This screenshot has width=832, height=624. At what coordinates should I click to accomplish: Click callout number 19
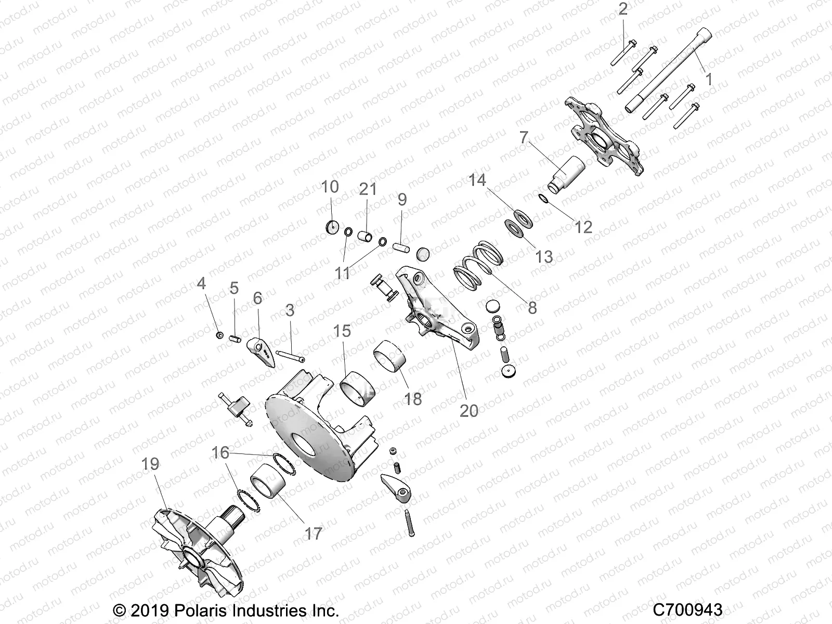tap(150, 464)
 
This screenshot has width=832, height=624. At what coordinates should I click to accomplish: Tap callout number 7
tap(524, 137)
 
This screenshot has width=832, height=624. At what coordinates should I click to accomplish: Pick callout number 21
tap(368, 189)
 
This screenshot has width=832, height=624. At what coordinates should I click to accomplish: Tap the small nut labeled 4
tap(219, 334)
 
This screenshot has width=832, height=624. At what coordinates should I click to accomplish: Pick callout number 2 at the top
tap(622, 10)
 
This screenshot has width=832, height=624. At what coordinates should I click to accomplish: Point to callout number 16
tap(220, 453)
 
